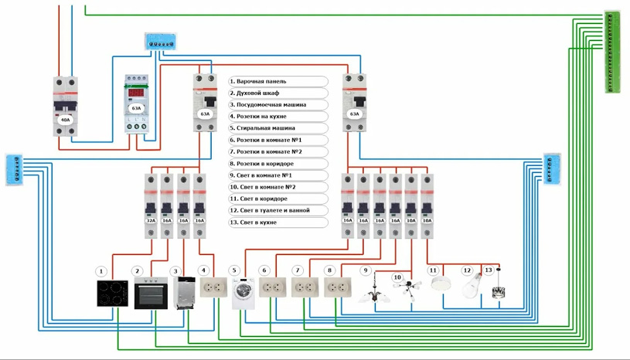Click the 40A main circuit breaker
66,106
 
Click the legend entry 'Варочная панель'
278,81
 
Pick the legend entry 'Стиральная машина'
278,128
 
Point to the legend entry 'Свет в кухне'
278,222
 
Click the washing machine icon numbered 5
243,293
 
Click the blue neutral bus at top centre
160,42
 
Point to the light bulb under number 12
472,287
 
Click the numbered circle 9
366,270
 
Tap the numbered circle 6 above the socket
264,270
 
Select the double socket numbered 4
213,287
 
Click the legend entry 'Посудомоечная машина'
278,104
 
